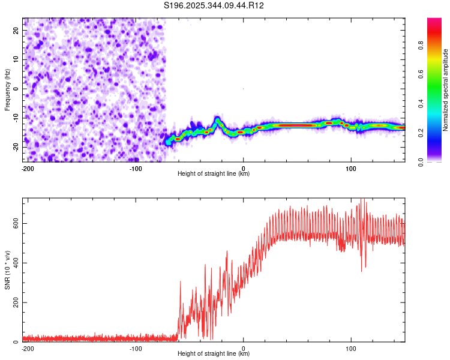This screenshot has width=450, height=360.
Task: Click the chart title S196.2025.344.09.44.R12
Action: click(214, 5)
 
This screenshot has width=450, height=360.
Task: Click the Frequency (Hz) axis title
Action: click(7, 90)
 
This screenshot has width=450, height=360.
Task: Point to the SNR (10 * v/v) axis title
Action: click(7, 270)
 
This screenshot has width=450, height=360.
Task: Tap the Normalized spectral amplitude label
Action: click(445, 90)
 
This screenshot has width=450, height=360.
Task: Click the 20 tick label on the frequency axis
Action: click(16, 30)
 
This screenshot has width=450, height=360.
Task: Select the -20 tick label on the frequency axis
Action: click(16, 148)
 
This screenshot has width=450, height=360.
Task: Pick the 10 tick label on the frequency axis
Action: click(16, 59)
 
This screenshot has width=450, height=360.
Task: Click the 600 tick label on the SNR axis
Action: click(16, 223)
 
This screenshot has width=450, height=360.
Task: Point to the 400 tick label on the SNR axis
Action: click(16, 263)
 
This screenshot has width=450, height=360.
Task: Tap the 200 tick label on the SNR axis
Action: click(16, 302)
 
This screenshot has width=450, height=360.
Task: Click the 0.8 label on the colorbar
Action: click(421, 45)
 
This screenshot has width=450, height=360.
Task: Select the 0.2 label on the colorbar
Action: click(421, 133)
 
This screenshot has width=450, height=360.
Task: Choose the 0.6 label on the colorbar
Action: click(421, 74)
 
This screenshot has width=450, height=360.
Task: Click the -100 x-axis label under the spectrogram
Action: click(136, 169)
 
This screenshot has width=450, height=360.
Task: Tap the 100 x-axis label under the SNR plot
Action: click(351, 349)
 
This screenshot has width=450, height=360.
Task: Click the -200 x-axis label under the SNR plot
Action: click(28, 349)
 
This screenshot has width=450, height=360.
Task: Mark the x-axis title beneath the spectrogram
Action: click(214, 173)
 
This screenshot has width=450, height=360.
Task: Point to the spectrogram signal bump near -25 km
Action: click(217, 118)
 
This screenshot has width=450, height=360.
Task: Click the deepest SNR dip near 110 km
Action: click(362, 270)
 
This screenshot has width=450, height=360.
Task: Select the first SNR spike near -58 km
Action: click(180, 281)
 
